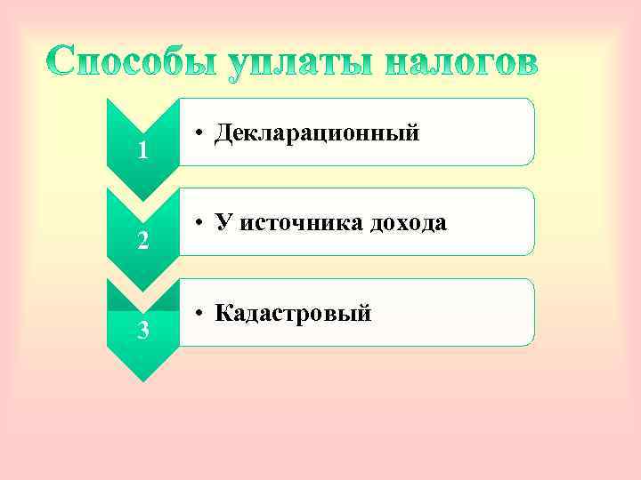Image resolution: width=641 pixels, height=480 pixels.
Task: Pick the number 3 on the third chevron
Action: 142,332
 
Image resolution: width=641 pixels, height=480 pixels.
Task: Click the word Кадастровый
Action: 293,313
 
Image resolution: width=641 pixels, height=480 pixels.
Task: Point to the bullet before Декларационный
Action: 203,134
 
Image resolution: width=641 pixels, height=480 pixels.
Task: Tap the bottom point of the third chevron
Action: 142,380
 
